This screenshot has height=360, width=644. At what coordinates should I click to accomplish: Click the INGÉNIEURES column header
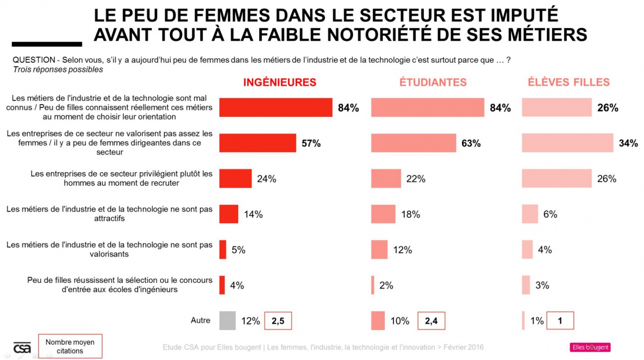click(280, 82)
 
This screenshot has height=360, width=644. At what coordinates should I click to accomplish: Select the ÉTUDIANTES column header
click(433, 82)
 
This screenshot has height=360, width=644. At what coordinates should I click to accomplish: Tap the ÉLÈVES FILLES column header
click(568, 82)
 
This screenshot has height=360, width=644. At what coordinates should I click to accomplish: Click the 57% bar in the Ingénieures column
click(258, 143)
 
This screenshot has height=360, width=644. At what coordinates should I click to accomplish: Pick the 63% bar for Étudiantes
click(414, 143)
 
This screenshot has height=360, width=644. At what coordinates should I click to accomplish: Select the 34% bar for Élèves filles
click(567, 143)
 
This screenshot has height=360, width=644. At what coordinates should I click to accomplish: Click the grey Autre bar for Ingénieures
click(228, 321)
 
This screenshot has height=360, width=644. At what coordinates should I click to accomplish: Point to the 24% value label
click(266, 179)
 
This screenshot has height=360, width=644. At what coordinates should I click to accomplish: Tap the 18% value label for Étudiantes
click(411, 215)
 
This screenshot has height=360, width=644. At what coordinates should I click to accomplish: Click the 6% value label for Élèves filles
click(550, 215)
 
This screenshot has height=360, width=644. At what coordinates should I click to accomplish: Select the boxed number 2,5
click(278, 321)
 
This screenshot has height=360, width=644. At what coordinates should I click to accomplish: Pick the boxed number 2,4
click(431, 321)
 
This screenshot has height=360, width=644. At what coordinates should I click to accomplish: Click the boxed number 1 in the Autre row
click(560, 321)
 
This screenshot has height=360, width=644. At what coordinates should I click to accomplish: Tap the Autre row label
click(201, 320)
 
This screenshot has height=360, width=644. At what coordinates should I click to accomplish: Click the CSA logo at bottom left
click(22, 347)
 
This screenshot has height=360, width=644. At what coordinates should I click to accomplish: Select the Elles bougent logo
click(590, 347)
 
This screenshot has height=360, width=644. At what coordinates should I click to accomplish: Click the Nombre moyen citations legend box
click(70, 347)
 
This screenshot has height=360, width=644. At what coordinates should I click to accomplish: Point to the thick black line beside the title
click(47, 44)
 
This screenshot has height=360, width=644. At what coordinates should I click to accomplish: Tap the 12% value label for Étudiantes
click(402, 250)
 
